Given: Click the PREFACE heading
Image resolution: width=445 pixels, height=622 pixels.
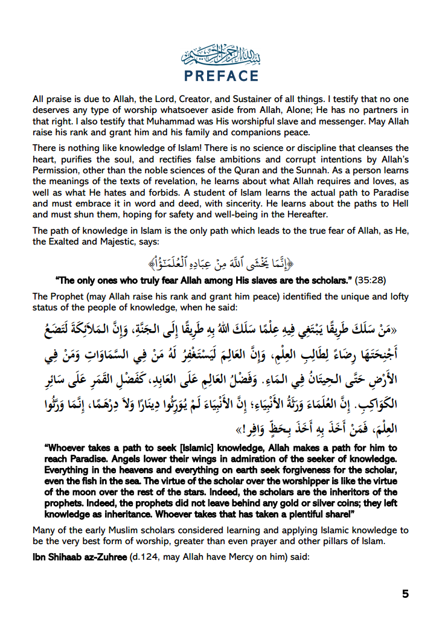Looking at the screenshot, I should pos(222,76).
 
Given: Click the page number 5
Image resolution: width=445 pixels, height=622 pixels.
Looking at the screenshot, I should pos(405,594).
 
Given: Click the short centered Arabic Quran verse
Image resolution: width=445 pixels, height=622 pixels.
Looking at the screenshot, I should pos(222,264).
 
